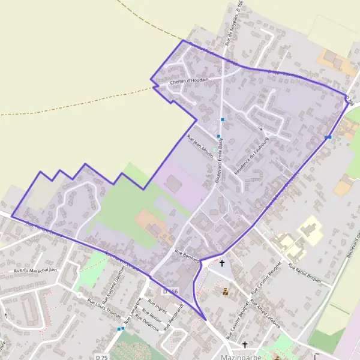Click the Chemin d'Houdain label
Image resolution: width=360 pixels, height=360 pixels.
click(189, 80)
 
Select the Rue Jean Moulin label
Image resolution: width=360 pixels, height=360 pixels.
click(200, 145)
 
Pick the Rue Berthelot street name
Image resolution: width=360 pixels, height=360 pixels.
click(186, 253)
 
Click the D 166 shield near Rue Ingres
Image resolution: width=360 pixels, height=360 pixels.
click(170, 291)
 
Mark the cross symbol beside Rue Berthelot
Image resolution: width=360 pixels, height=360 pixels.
click(222, 263)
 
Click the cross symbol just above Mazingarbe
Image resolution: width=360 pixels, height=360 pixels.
click(245, 344)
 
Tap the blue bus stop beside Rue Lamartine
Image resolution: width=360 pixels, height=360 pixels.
click(121, 328)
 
